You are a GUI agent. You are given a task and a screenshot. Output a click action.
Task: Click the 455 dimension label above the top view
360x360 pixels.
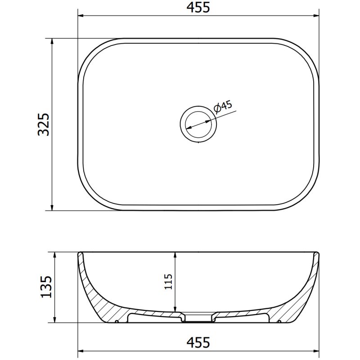point(198,8)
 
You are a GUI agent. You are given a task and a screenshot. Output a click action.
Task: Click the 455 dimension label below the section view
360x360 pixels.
point(198,342)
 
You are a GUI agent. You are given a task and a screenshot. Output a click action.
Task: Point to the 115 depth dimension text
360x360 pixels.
point(169,282)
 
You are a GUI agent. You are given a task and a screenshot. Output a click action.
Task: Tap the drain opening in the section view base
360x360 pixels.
point(198,319)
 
